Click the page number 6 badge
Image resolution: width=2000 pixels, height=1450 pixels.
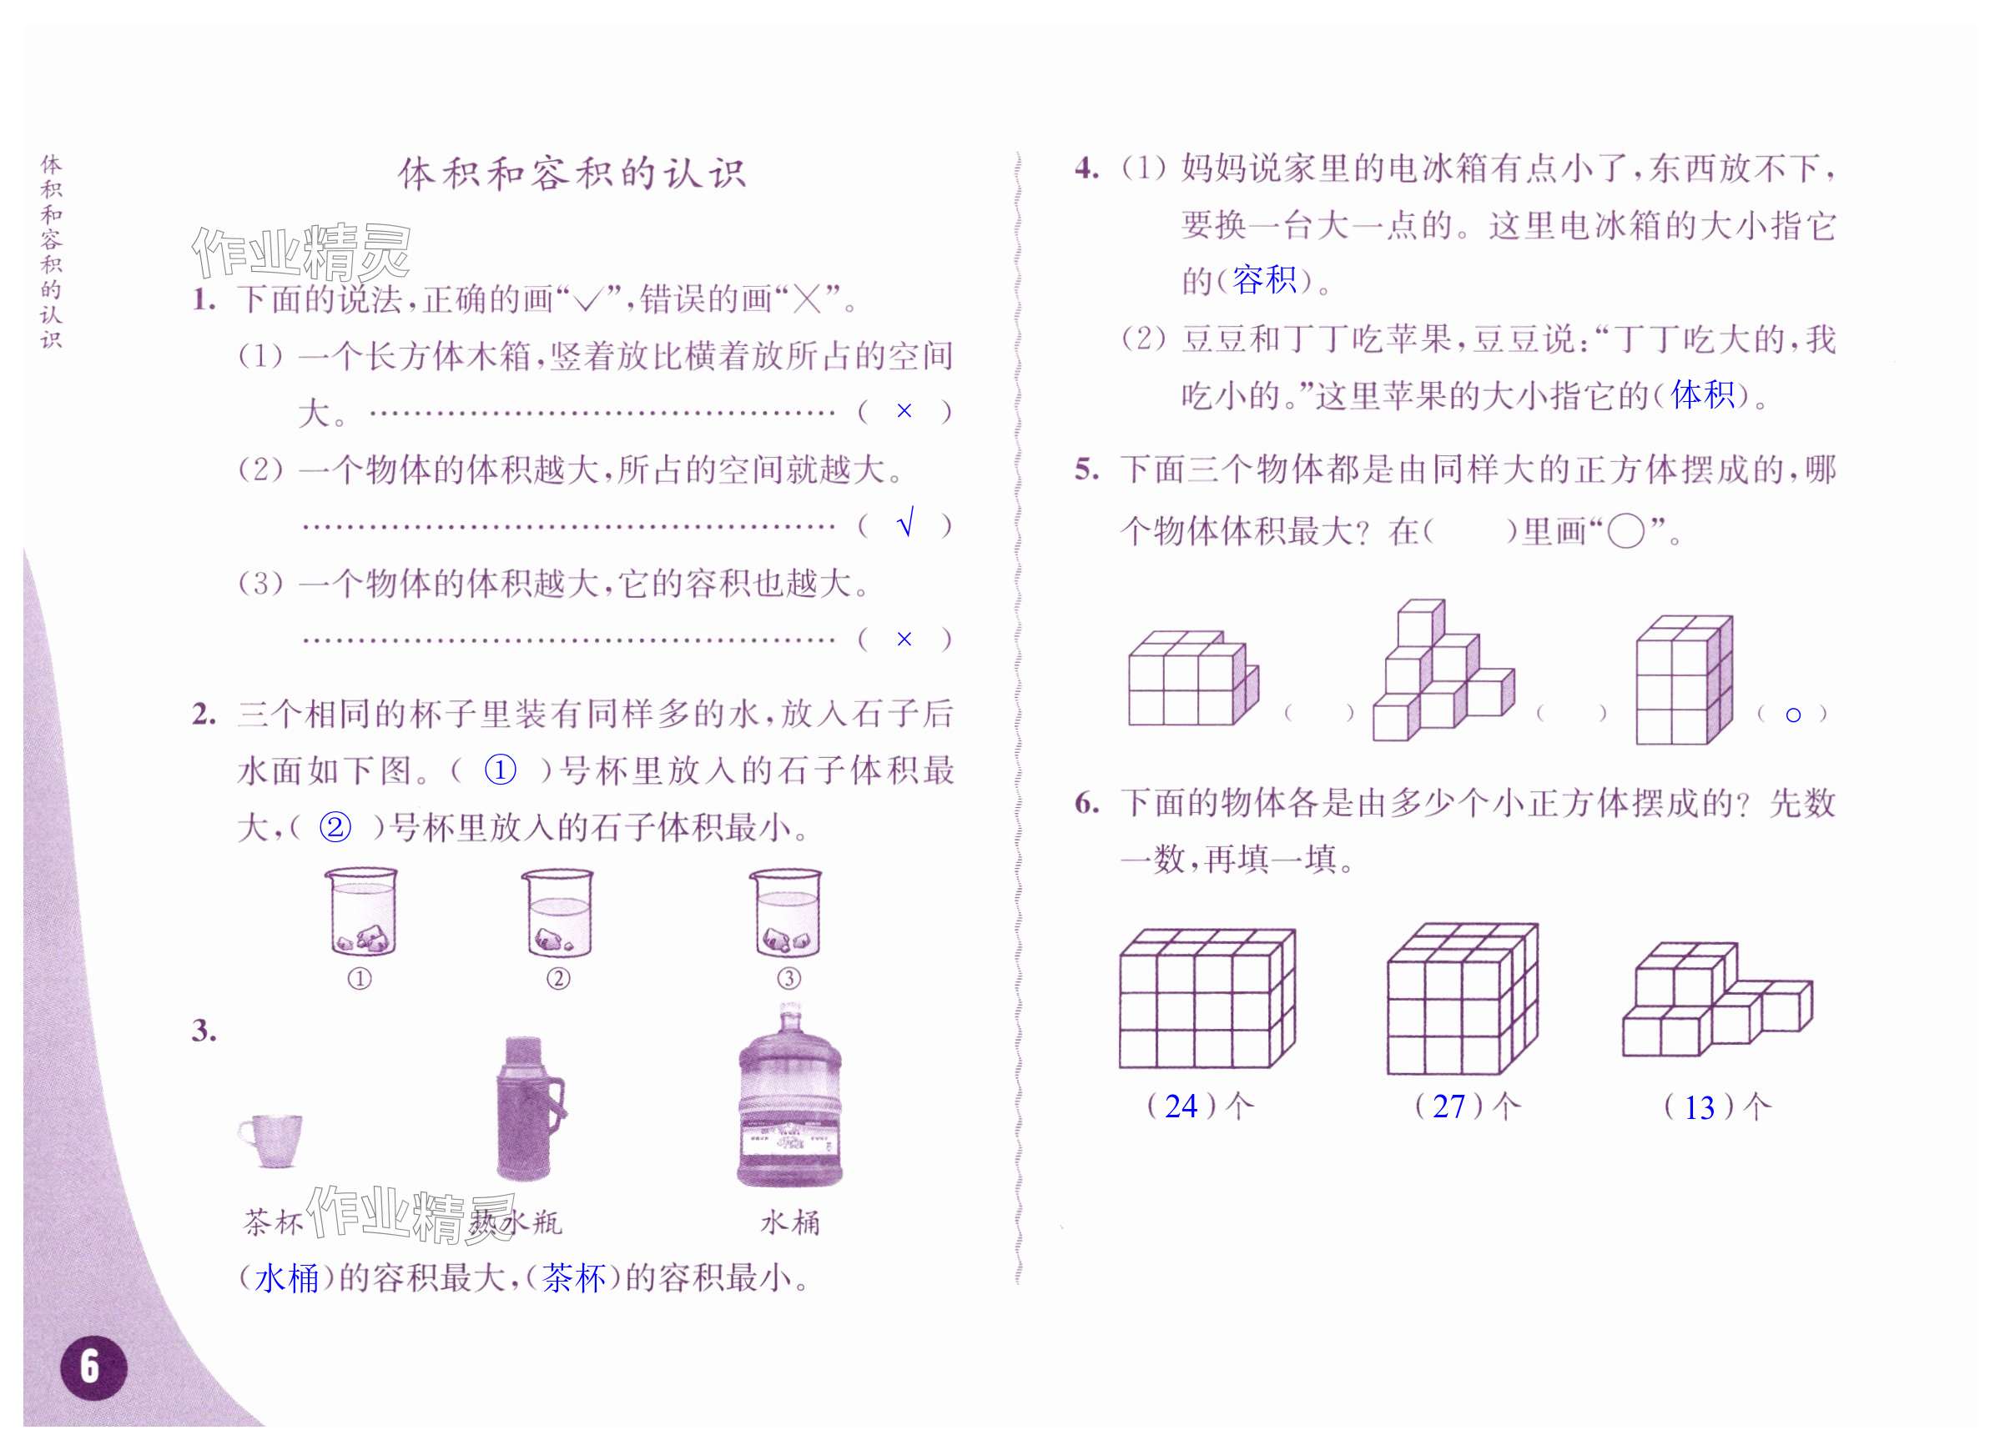[93, 1367]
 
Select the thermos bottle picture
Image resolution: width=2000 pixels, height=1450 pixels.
[529, 1108]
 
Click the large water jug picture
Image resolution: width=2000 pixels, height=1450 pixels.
[789, 1097]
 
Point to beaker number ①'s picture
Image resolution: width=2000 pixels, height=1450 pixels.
[361, 913]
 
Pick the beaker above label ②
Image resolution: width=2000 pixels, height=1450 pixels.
[558, 913]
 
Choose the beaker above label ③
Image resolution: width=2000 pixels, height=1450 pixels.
[788, 913]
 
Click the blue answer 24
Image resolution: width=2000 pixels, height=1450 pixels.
[1181, 1106]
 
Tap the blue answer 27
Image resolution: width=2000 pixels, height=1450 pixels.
[1448, 1106]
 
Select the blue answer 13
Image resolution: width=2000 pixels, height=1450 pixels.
[1700, 1108]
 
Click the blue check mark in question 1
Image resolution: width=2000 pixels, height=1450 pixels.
[904, 524]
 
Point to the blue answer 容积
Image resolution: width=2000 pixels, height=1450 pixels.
[1264, 280]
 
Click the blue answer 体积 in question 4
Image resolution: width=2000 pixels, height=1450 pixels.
[1702, 394]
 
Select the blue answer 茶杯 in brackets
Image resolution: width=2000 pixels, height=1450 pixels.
[574, 1278]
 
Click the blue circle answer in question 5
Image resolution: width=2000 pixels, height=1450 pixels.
[1793, 715]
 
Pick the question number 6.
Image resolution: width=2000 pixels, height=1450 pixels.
[1086, 802]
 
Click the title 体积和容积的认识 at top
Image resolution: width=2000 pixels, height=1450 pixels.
[572, 173]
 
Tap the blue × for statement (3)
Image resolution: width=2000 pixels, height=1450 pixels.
[904, 639]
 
